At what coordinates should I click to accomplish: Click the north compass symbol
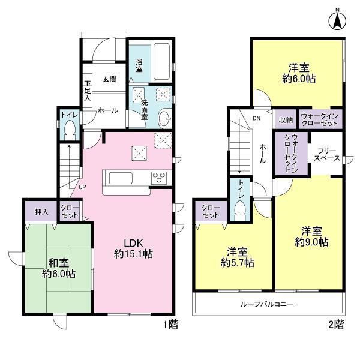tap(337, 20)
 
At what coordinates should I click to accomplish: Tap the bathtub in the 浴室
tap(162, 61)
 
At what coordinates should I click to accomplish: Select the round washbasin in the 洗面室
tap(165, 118)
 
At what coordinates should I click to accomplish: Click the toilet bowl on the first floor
tap(70, 131)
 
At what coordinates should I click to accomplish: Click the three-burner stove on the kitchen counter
tap(159, 178)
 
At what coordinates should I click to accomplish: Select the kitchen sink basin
tap(121, 178)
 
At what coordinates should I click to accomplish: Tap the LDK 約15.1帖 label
tap(133, 248)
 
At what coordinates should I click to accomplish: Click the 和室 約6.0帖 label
tap(59, 268)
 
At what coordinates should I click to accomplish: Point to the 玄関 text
tap(110, 79)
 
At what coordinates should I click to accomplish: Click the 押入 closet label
tap(41, 212)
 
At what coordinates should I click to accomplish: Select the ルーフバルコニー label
tap(267, 304)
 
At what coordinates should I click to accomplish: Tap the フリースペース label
tap(327, 155)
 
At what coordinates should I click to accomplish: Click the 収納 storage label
tap(286, 119)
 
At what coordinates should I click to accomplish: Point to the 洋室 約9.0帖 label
tap(311, 236)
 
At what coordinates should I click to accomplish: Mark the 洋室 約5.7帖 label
tap(238, 257)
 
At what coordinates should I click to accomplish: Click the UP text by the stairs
tap(82, 187)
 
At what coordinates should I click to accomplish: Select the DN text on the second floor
tap(256, 118)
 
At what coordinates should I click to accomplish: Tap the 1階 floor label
tap(171, 325)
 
